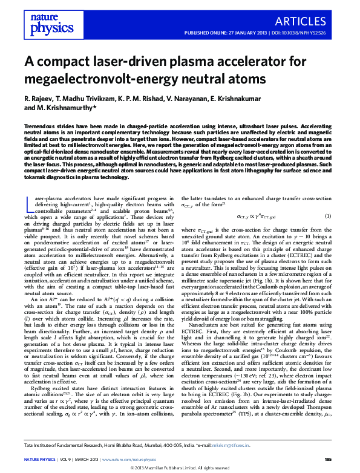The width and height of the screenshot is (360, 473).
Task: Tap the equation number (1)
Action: point(327,216)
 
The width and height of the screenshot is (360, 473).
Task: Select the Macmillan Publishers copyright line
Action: point(180,468)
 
